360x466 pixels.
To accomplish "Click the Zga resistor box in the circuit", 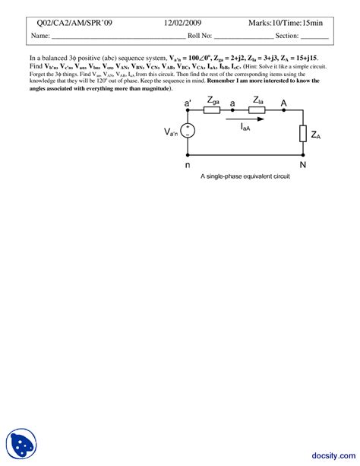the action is pos(213,110).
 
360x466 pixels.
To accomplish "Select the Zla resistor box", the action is pos(257,110).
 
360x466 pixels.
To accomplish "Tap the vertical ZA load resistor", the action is pos(302,134).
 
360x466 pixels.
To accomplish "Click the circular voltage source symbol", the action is pos(188,132).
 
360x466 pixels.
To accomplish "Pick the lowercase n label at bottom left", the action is pos(188,163).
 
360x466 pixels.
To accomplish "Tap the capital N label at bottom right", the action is pos(302,164).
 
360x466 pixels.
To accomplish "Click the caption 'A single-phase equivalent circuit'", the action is pos(245,176).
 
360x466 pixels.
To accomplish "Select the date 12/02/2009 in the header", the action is pos(183,22).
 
